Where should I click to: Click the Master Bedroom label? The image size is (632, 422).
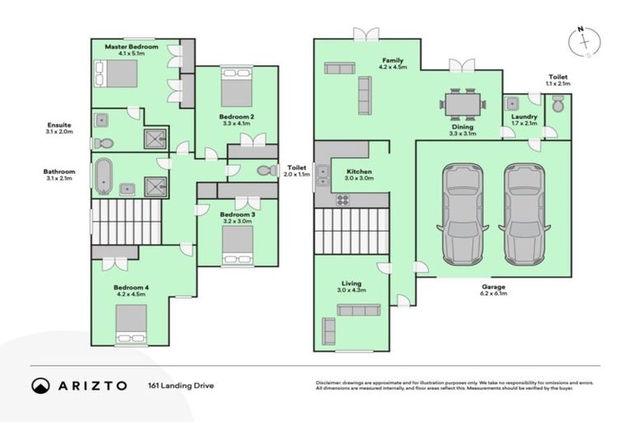click(x=131, y=47)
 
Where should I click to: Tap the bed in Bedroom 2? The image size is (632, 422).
click(x=235, y=87)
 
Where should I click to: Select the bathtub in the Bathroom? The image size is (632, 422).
click(x=103, y=176)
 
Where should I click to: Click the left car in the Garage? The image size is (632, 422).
click(x=463, y=213)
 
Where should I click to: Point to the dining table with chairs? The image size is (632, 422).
click(x=462, y=104)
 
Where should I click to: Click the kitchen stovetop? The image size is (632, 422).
click(x=342, y=199)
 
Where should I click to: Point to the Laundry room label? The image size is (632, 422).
click(x=524, y=117)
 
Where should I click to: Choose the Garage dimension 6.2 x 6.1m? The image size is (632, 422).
click(x=493, y=293)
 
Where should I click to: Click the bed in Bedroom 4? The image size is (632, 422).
click(x=131, y=323)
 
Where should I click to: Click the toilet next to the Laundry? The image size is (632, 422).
click(x=557, y=105)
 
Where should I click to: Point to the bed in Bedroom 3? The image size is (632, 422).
click(x=238, y=245)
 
